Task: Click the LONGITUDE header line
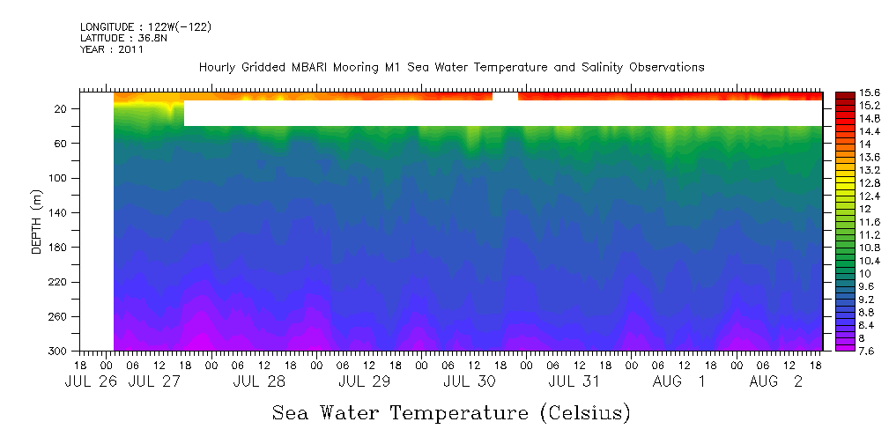[145, 27]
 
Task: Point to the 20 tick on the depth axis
[62, 108]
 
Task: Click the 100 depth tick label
[59, 178]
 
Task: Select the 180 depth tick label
[59, 248]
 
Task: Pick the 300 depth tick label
[59, 351]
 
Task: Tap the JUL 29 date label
[365, 382]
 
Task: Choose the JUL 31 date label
[574, 382]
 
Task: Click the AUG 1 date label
[678, 382]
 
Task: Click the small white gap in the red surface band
[505, 96]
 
